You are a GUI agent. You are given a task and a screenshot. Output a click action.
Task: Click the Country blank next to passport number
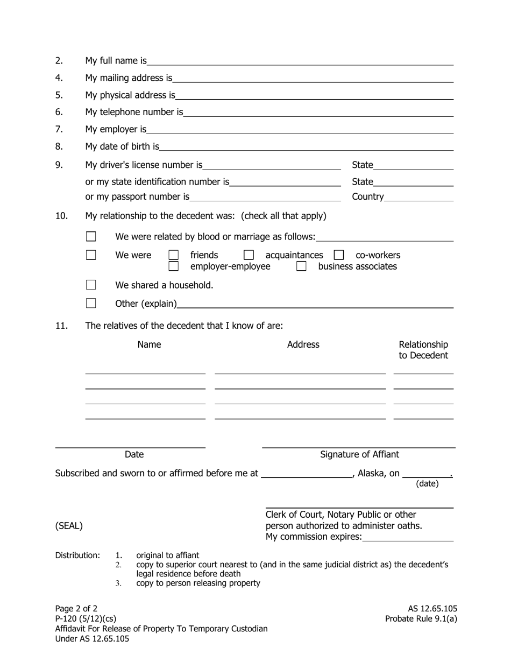tap(419, 197)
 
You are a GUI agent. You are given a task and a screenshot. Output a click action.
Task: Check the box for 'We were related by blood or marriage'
tap(91, 237)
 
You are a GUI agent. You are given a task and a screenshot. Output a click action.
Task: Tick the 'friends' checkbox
tap(174, 255)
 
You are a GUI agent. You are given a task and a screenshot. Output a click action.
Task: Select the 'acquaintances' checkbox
tap(249, 255)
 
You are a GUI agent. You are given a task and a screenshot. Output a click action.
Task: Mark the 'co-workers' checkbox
tap(339, 255)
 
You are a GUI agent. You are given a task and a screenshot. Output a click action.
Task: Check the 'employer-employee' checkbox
tap(174, 266)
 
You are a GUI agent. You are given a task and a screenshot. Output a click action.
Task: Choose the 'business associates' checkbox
tap(302, 266)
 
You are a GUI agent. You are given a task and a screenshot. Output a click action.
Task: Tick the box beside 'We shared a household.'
tap(91, 285)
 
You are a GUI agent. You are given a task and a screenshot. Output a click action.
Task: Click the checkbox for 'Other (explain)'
tap(91, 304)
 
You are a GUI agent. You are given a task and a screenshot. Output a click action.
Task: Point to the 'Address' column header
tap(303, 344)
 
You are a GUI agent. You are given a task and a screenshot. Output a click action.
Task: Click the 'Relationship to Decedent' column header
tap(423, 350)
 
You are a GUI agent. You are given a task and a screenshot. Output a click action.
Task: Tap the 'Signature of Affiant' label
tap(359, 454)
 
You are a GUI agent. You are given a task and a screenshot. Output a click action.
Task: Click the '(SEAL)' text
tap(69, 526)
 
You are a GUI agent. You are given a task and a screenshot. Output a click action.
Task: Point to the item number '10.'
tap(61, 216)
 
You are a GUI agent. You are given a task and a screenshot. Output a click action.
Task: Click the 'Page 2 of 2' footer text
tap(76, 609)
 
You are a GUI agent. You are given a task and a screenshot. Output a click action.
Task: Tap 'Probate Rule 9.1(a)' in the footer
tap(421, 618)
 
